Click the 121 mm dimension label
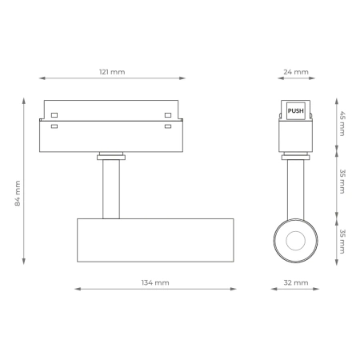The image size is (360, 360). pyautogui.click(x=112, y=72)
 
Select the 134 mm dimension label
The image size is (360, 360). pyautogui.click(x=156, y=282)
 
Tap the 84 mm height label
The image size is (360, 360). pyautogui.click(x=18, y=194)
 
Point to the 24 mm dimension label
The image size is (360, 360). pyautogui.click(x=296, y=72)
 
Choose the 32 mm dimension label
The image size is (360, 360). pyautogui.click(x=296, y=282)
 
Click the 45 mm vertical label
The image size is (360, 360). pyautogui.click(x=342, y=123)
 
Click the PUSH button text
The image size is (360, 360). pyautogui.click(x=296, y=112)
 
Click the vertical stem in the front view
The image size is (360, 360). pyautogui.click(x=111, y=189)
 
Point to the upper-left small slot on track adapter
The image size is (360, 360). pyautogui.click(x=54, y=114)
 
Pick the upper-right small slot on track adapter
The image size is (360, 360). pyautogui.click(x=168, y=114)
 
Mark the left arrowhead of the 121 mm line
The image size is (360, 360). pyautogui.click(x=42, y=78)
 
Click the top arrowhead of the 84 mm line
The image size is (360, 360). pyautogui.click(x=24, y=101)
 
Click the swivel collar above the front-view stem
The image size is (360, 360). pyautogui.click(x=111, y=155)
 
